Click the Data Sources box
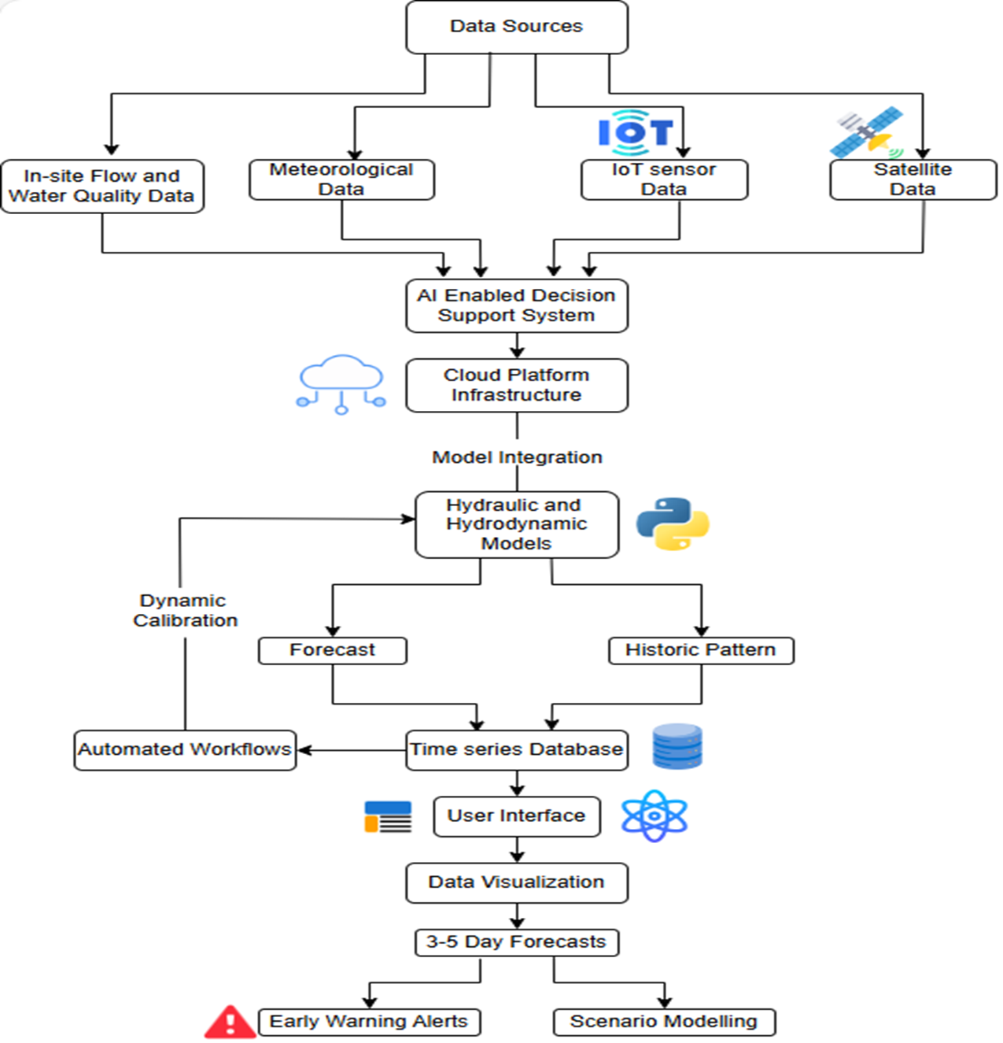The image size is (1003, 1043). [517, 27]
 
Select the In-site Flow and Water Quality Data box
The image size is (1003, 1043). [102, 186]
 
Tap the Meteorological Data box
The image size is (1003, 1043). [341, 179]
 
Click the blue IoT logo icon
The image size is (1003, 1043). [635, 132]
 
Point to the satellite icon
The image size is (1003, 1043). [866, 132]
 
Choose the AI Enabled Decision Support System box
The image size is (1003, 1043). [517, 305]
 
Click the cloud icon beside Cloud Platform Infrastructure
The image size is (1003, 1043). [341, 384]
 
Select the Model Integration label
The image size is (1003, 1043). [517, 457]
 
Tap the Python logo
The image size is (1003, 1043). [673, 523]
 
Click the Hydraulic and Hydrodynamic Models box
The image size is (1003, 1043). [517, 525]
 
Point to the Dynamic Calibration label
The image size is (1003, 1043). [185, 611]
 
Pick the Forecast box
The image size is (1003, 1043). [333, 651]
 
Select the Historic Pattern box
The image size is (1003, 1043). [701, 651]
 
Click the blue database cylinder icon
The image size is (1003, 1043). [677, 746]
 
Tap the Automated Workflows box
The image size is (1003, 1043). [185, 750]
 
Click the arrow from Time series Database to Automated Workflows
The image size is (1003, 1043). [352, 750]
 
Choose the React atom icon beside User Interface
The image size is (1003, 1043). [654, 816]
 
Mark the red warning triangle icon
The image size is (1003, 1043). [230, 1022]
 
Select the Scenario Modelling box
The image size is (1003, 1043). [664, 1022]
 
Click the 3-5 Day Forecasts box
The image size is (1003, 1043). [517, 943]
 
